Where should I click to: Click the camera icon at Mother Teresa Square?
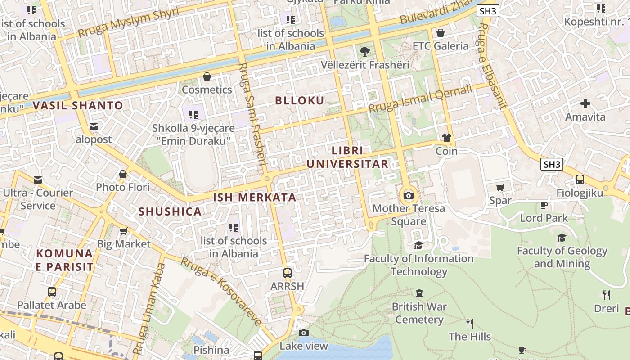click(x=409, y=195)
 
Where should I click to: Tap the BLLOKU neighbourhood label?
click(x=299, y=101)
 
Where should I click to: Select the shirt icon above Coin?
click(x=446, y=138)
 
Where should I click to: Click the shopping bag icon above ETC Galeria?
click(x=441, y=33)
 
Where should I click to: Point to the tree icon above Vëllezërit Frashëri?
click(x=365, y=51)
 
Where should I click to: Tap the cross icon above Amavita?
click(x=585, y=104)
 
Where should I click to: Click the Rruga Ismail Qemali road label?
click(x=420, y=99)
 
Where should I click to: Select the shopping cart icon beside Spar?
click(x=500, y=187)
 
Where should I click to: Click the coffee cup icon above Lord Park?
click(x=544, y=205)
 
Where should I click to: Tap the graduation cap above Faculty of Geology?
click(x=562, y=238)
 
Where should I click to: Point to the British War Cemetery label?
click(x=419, y=313)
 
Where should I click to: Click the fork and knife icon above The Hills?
click(x=470, y=323)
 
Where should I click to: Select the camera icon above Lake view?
click(x=304, y=333)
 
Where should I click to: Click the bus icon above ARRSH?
click(x=287, y=273)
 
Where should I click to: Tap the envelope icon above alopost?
click(x=94, y=126)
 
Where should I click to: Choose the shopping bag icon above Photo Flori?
click(x=123, y=174)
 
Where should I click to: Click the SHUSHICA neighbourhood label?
click(x=170, y=211)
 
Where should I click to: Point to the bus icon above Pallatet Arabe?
click(x=52, y=292)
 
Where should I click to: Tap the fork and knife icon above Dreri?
click(x=606, y=295)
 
